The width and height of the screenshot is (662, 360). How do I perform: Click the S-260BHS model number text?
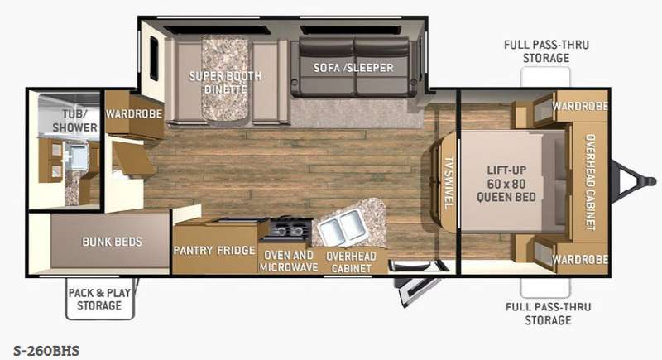coord(46,351)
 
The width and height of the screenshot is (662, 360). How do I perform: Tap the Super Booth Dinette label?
coord(225,82)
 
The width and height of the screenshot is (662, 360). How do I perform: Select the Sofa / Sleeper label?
coord(353,68)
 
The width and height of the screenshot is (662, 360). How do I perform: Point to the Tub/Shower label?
coord(74,120)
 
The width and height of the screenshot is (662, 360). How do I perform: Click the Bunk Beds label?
coord(112,242)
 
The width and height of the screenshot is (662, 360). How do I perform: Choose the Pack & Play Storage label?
coord(99,299)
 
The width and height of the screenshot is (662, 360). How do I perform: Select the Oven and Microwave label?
coord(289,262)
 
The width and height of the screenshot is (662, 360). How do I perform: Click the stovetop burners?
coord(287,229)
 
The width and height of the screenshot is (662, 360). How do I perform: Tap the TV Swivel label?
coord(449,182)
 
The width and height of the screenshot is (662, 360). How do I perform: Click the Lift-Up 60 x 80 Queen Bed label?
coord(506,183)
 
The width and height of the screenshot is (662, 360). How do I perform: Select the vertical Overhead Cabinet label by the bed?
coord(589,182)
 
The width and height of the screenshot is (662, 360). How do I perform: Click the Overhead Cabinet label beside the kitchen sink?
coord(351,262)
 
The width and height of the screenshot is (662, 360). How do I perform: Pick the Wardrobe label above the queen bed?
coord(580,106)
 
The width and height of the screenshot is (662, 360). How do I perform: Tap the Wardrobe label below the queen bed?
coord(580,259)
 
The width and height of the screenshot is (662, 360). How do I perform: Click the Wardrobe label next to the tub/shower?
coord(134,113)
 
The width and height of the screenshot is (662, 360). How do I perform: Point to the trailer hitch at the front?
coord(635,181)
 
